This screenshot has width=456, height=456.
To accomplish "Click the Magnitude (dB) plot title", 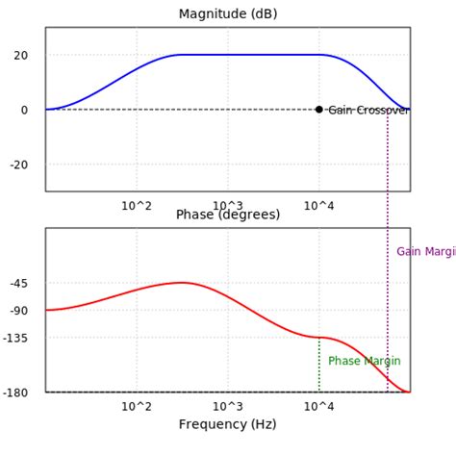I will pos(227,13).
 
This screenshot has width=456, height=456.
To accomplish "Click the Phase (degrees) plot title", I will pos(227,215).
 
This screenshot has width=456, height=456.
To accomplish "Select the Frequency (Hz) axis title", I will pos(227,424).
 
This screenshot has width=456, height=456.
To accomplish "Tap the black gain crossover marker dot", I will pos(319,109).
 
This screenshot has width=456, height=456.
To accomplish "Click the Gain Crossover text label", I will pos(368,111).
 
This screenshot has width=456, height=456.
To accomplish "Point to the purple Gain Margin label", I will pos(426,252).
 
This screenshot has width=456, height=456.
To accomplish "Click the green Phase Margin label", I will pos(364,361).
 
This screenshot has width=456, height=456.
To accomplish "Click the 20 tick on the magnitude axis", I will pos(21,55).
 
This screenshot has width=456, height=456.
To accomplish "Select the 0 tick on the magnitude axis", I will pos(25,110).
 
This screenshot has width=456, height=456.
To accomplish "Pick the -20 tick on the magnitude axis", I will pos(19,164).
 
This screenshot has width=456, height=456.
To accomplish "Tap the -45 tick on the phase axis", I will pos(19,283).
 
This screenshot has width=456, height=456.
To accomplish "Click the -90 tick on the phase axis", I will pos(19,310).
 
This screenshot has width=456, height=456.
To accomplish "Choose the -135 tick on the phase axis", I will pos(16,338).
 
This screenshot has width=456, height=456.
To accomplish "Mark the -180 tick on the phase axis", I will pos(16,392).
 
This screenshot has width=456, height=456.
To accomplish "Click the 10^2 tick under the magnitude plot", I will pos(137,205).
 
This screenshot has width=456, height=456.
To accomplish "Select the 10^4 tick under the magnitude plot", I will pos(319,205).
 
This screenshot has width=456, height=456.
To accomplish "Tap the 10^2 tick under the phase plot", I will pos(137,406).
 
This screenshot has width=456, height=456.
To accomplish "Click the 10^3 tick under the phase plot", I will pos(228,406).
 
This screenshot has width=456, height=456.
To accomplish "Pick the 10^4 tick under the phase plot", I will pos(319,406).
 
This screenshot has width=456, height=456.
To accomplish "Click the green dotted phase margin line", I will pos(319,370).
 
